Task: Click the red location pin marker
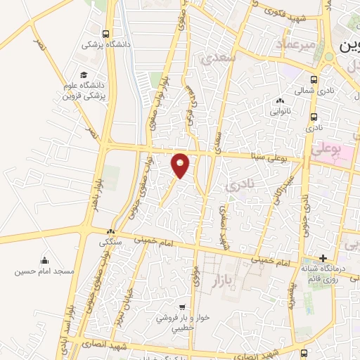181,164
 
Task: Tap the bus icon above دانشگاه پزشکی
105,34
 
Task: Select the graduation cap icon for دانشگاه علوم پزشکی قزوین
84,75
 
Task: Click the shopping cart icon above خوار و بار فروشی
182,307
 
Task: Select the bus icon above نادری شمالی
314,79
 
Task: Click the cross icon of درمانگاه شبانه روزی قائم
323,259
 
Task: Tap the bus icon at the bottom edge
303,354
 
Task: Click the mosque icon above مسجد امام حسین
45,261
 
